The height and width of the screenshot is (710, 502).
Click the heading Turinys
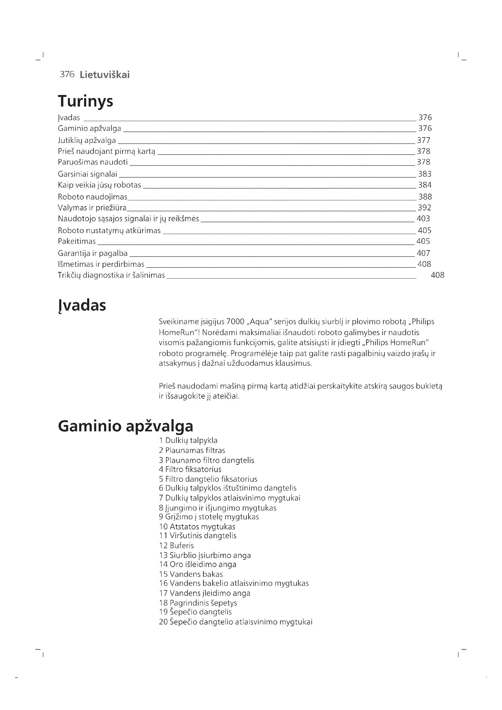[x=85, y=101]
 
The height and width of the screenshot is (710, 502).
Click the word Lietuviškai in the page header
[x=104, y=75]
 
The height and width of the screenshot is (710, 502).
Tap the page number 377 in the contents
[x=423, y=141]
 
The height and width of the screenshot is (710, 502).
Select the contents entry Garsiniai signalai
[x=87, y=174]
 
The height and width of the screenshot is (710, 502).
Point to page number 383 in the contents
[x=424, y=174]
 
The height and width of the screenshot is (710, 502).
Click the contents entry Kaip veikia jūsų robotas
[x=99, y=185]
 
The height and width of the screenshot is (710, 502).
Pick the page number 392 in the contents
[x=424, y=208]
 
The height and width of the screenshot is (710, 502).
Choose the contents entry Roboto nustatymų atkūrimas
[x=109, y=230]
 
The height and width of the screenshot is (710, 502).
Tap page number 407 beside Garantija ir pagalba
[x=423, y=253]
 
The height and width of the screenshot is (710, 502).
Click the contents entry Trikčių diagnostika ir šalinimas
[x=111, y=275]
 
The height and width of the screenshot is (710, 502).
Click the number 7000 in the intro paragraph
[x=235, y=321]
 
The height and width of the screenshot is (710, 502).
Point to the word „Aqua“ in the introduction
[x=259, y=321]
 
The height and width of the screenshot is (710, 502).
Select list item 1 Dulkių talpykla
[x=188, y=440]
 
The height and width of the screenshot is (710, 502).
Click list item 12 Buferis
[x=177, y=545]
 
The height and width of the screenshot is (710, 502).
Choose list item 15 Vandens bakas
[x=191, y=574]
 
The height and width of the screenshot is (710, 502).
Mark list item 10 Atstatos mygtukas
[x=197, y=527]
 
